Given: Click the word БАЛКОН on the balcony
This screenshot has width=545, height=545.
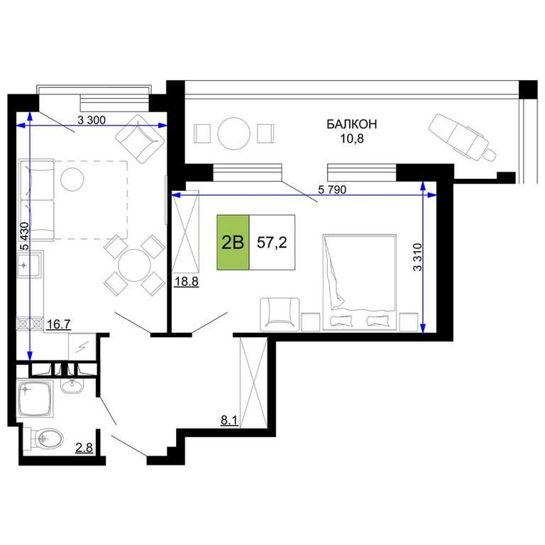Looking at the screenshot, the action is pyautogui.click(x=351, y=124).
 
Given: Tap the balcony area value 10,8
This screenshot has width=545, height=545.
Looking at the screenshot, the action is pyautogui.click(x=352, y=138).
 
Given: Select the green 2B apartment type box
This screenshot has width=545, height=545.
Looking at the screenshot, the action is pyautogui.click(x=233, y=242).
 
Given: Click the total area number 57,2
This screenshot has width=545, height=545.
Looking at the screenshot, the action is pyautogui.click(x=272, y=242).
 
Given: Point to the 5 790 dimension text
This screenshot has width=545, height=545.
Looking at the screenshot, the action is pyautogui.click(x=332, y=189).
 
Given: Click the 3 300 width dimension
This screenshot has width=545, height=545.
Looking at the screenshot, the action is pyautogui.click(x=92, y=120).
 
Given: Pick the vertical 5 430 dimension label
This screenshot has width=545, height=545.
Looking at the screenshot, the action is pyautogui.click(x=25, y=236).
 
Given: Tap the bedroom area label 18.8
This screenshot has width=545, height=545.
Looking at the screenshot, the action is pyautogui.click(x=187, y=281).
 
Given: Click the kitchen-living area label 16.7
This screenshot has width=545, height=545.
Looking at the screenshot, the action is pyautogui.click(x=59, y=324).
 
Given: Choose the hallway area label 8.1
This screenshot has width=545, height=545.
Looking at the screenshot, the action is pyautogui.click(x=229, y=421).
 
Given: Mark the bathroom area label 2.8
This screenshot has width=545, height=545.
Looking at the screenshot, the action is pyautogui.click(x=84, y=447).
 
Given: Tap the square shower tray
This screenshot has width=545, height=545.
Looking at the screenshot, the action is pyautogui.click(x=35, y=398).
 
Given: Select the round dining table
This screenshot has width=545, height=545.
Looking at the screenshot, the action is pyautogui.click(x=134, y=265).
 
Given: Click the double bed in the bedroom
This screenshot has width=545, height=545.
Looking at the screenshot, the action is pyautogui.click(x=359, y=282).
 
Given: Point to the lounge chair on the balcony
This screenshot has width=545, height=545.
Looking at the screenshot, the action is pyautogui.click(x=462, y=138).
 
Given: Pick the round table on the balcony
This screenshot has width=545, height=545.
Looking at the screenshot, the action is pyautogui.click(x=234, y=133).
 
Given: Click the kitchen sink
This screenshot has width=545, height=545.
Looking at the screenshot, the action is pyautogui.click(x=28, y=265).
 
